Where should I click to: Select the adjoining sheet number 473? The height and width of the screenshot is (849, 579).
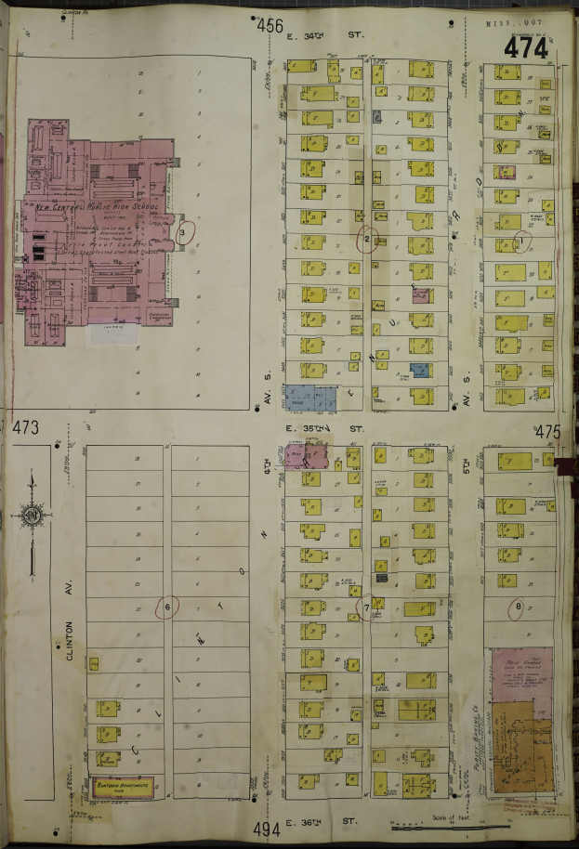(x=25, y=428)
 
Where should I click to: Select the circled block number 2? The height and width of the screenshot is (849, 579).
(x=368, y=240)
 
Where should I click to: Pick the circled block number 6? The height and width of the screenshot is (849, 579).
(x=167, y=607)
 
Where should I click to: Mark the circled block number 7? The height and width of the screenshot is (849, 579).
(x=367, y=608)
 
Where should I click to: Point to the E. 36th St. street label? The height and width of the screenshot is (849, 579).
(x=322, y=821)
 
